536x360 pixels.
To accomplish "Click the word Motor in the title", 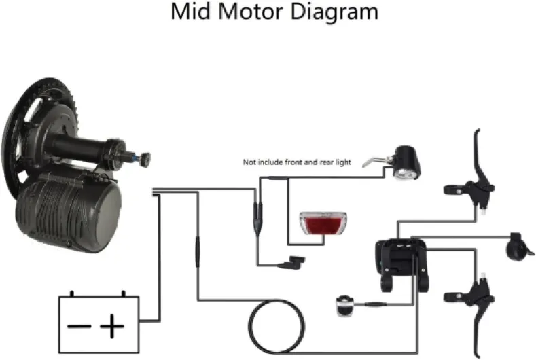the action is [251, 12].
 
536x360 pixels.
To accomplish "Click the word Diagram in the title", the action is [334, 13].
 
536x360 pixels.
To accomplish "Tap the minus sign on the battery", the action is [79, 326].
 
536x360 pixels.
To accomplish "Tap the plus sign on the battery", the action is [112, 326].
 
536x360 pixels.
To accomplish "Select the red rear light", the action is [323, 223].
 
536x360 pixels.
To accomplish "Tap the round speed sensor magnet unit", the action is [345, 305].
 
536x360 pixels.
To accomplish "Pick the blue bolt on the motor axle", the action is [136, 158].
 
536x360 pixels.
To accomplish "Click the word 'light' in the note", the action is [343, 162].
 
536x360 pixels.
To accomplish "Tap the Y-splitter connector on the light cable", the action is [257, 219].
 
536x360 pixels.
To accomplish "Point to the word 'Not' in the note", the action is [249, 162].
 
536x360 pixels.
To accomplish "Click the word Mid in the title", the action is [191, 12].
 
